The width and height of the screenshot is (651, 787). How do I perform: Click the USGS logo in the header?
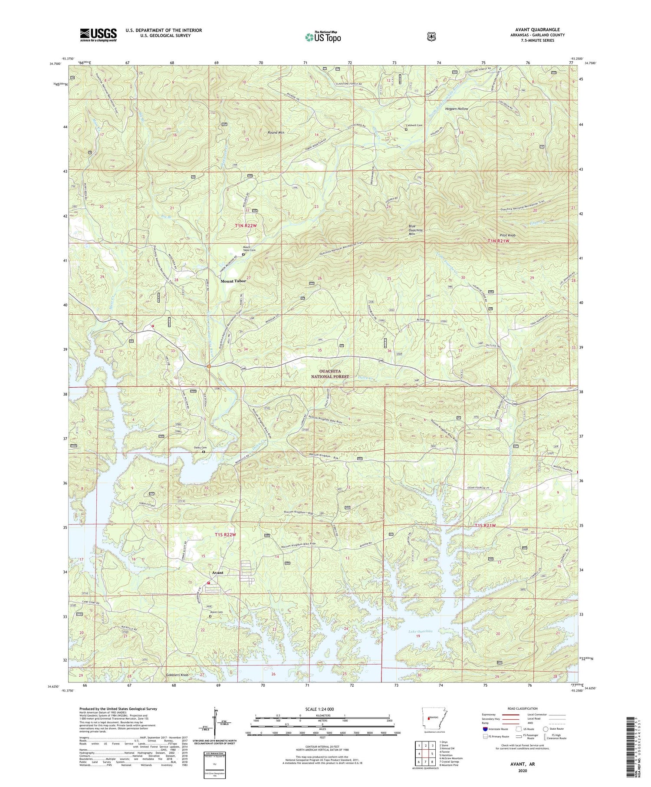tap(98, 35)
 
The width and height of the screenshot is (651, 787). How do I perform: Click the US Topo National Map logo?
tap(323, 36)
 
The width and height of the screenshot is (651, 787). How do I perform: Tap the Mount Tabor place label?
tap(233, 281)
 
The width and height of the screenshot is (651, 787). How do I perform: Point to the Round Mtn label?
tap(276, 132)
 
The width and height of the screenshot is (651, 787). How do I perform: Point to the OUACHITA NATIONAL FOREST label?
tap(334, 374)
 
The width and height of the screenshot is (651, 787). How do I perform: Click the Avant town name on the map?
tap(217, 573)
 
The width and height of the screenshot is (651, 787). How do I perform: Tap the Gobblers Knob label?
tap(177, 675)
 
